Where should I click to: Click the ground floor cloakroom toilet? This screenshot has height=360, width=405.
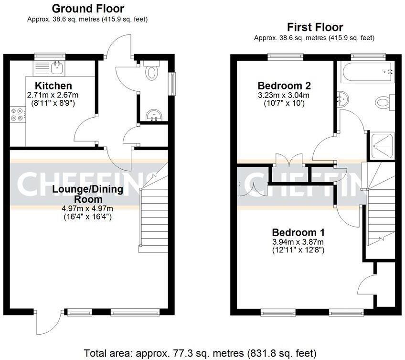pos(151,72)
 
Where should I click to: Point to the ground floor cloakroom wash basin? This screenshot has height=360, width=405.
pos(154,116)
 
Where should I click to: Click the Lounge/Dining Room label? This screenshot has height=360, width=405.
pos(87,194)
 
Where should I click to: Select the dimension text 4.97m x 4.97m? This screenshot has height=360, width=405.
pos(87,208)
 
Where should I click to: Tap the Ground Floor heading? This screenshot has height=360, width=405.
pos(87,9)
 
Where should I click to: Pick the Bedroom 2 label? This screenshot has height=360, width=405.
pos(284,86)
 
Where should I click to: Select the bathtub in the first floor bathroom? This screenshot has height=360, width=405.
pos(366,72)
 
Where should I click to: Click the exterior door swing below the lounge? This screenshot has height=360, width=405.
pos(49,323)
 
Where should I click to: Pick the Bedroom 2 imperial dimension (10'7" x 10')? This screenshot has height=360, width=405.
pos(284,103)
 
